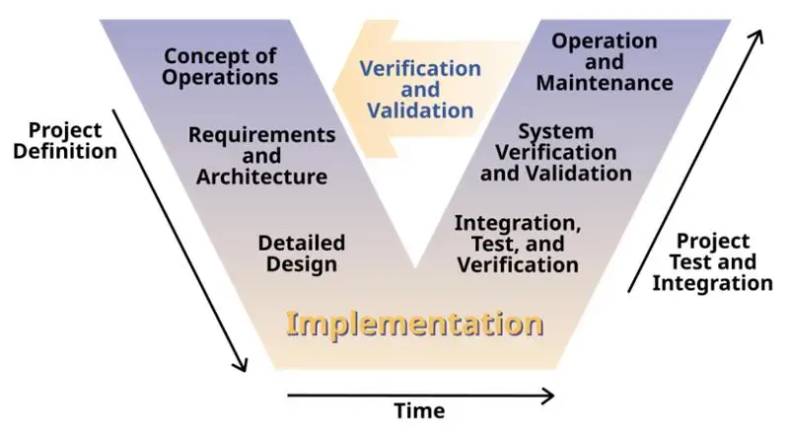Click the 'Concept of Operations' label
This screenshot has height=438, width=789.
(221, 64)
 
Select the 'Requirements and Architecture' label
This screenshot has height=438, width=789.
(261, 155)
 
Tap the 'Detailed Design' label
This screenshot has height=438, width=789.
(301, 253)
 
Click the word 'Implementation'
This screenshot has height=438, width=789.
(414, 323)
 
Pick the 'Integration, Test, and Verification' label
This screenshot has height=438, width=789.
(517, 244)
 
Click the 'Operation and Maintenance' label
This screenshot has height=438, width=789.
(605, 61)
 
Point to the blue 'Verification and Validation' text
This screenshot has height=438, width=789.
(420, 90)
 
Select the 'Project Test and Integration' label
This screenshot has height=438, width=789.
(712, 261)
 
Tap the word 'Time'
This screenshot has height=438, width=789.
(419, 410)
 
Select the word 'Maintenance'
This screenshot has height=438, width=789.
(605, 83)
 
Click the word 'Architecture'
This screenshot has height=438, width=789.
(261, 178)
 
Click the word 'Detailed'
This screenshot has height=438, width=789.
(301, 242)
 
